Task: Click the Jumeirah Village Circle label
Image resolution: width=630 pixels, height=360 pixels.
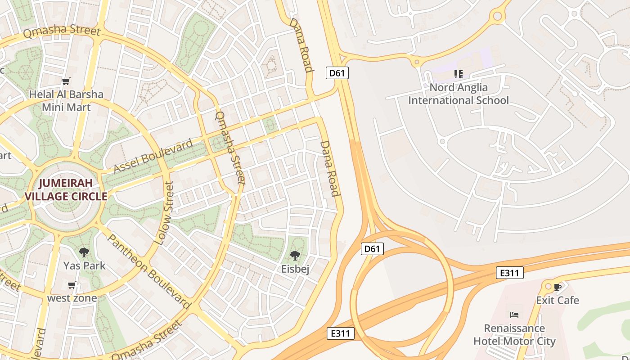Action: pos(66,189)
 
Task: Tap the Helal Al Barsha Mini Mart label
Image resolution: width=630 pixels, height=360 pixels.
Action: pos(66,101)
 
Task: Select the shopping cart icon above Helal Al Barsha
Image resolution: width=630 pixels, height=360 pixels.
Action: pos(66,81)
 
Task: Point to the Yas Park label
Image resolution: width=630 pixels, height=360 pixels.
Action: pos(84,265)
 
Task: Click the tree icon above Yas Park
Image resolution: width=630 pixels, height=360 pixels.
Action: pos(84,252)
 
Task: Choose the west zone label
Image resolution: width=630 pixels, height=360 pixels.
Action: pos(72,298)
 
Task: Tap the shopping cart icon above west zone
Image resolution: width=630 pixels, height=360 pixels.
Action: pos(72,285)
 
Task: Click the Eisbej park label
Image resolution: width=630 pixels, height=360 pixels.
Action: pos(295,269)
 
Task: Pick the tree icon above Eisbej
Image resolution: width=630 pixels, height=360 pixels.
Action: pos(295,256)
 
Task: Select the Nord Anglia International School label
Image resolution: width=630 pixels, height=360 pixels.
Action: pos(459,94)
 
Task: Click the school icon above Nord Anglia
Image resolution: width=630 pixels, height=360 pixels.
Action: pos(459,74)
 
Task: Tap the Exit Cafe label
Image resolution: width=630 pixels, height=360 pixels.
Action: pos(558,300)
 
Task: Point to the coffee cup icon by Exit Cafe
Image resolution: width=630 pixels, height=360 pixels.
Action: pos(558,287)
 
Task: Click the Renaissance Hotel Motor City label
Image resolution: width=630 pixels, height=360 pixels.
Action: pos(514,335)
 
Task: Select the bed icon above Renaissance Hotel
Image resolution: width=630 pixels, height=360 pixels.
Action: pos(514,315)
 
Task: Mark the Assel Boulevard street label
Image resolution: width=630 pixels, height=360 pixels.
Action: pos(153,156)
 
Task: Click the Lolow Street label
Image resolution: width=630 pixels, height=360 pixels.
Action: pos(164,213)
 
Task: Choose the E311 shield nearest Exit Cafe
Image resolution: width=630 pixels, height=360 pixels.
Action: pos(510,273)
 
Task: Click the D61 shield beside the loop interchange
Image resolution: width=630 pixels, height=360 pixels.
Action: pos(372,249)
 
